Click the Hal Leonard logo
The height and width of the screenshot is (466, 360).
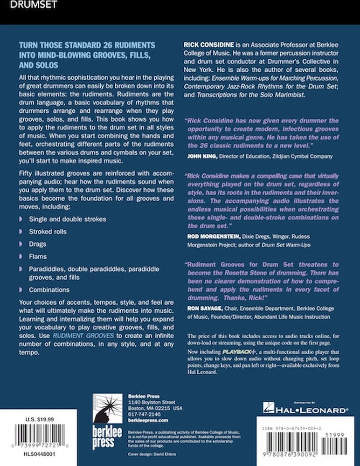305,410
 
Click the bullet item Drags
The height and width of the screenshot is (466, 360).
38,244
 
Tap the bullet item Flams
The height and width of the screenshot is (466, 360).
38,256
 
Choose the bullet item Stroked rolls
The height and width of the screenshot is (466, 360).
48,232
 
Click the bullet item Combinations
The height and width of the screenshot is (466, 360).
49,290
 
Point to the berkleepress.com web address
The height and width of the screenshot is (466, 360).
145,419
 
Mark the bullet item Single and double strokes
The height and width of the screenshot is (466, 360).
68,219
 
